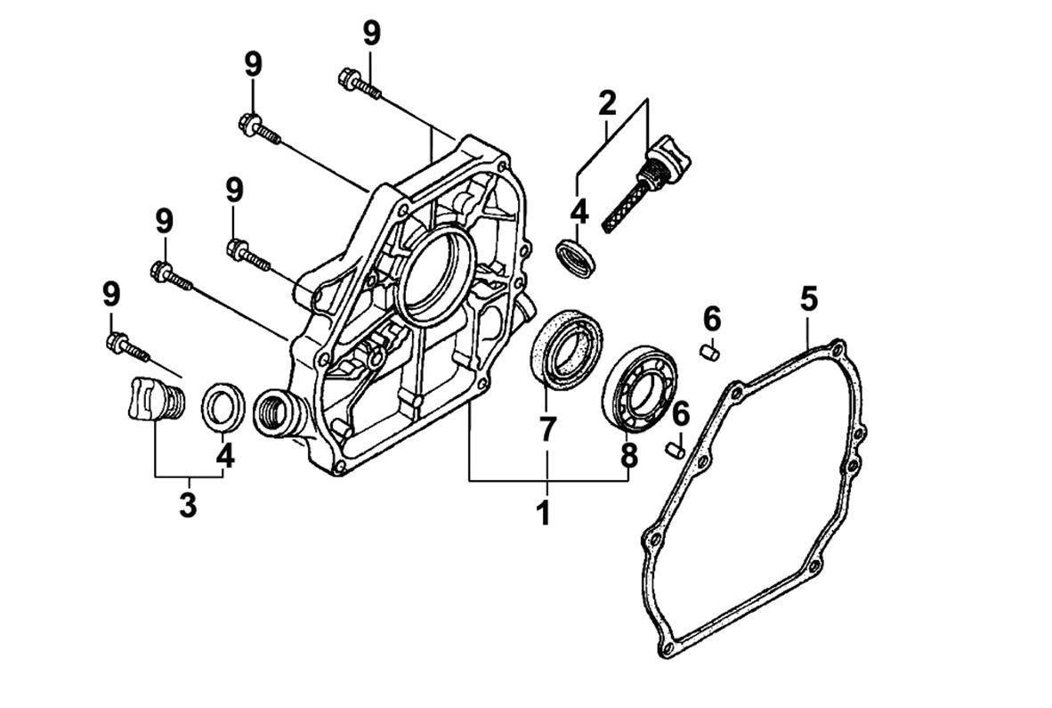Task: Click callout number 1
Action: pyautogui.click(x=543, y=513)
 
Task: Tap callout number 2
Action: pyautogui.click(x=607, y=103)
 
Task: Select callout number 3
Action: pyautogui.click(x=188, y=504)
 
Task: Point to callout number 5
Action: pyautogui.click(x=807, y=298)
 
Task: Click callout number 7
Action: pyautogui.click(x=546, y=429)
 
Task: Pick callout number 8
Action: pyautogui.click(x=629, y=455)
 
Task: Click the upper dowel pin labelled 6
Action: pyautogui.click(x=710, y=351)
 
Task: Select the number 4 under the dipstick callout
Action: pyautogui.click(x=579, y=211)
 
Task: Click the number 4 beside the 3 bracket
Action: pyautogui.click(x=225, y=456)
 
